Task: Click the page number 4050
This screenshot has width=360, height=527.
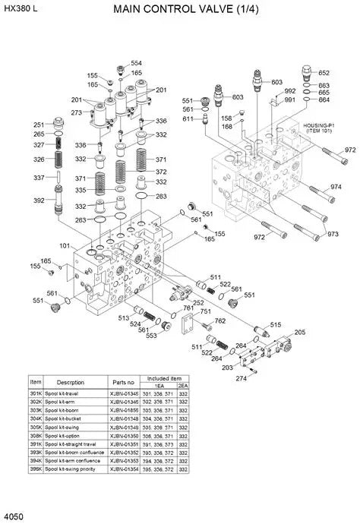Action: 13,517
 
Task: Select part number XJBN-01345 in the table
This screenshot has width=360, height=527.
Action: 125,394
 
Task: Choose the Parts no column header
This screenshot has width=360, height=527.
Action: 124,382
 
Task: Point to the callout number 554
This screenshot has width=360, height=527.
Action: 136,64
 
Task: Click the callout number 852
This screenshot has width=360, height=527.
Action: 324,73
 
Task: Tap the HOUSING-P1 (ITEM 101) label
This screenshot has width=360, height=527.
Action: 319,128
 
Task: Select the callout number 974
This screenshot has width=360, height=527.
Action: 335,188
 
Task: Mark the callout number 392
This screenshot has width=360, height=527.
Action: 39,201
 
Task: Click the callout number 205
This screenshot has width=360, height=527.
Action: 300,333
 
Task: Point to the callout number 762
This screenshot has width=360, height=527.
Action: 219,321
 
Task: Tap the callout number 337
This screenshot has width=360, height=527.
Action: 39,178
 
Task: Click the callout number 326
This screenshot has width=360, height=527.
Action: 39,159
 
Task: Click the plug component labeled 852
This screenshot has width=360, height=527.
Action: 307,73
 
